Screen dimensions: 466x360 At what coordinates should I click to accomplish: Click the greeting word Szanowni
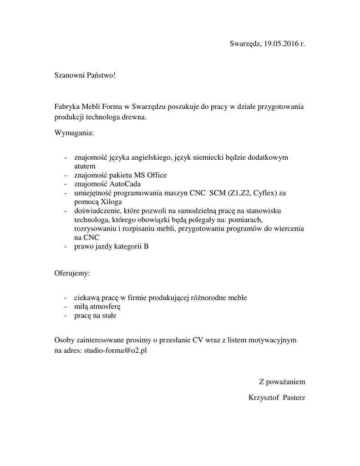point(69,74)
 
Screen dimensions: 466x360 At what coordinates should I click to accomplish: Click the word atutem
point(85,166)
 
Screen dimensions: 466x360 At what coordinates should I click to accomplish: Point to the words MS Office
point(150,175)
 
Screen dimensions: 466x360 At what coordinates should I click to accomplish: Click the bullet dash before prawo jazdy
point(66,247)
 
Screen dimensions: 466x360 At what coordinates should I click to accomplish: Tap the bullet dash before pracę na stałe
point(66,315)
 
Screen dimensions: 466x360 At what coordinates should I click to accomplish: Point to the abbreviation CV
point(197,340)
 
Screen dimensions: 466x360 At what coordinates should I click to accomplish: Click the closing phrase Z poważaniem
point(282,381)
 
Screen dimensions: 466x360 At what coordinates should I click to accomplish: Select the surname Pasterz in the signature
point(294,398)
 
